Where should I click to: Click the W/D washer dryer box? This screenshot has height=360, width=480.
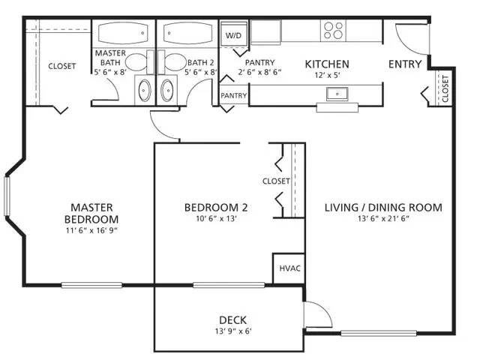[233, 34]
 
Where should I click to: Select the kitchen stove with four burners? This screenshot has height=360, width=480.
[333, 30]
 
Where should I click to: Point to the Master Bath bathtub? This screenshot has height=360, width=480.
[124, 34]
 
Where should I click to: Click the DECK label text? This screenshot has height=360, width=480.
[233, 319]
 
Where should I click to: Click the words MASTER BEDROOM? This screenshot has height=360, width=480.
[91, 212]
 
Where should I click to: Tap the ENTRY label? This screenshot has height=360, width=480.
[404, 64]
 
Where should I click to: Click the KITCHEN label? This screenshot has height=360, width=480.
[326, 64]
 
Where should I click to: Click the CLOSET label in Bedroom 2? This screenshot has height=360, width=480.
[276, 181]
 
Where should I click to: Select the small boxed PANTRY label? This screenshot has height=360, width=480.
[233, 96]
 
